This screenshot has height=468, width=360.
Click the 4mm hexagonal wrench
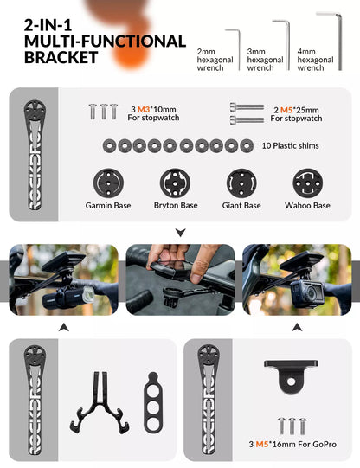[339, 42]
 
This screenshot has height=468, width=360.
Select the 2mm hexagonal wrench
[239, 49]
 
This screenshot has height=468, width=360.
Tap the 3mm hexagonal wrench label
[265, 60]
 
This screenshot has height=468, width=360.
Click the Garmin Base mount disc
[108, 183]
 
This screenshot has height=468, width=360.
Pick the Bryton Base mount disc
[175, 183]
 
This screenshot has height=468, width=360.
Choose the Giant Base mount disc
[241, 183]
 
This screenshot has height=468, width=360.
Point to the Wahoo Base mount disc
[308, 183]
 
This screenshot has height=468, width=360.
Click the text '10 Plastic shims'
[290, 145]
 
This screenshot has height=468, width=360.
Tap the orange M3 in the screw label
[144, 110]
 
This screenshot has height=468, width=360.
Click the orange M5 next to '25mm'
[286, 110]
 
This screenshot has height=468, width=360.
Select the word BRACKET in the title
[61, 57]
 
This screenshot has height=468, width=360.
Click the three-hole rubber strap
[153, 402]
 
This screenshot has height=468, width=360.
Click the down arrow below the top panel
[181, 232]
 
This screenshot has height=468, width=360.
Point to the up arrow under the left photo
[63, 327]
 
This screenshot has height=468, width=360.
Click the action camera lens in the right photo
[312, 294]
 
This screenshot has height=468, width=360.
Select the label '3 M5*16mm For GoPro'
[292, 444]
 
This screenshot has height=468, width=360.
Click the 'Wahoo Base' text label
[307, 205]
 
